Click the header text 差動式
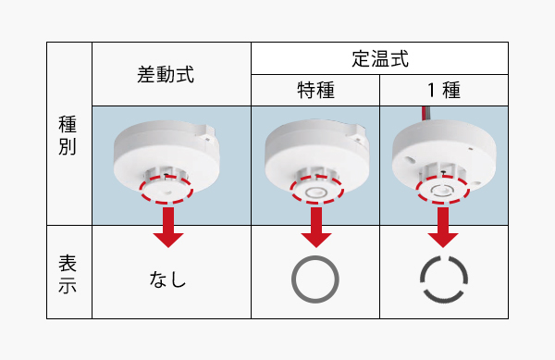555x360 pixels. [166, 75]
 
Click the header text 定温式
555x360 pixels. [380, 58]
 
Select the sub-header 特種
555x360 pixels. [315, 90]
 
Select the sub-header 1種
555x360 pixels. [443, 90]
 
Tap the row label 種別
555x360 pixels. [68, 135]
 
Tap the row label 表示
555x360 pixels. [68, 273]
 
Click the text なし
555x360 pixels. [167, 279]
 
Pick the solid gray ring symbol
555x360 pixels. [315, 256]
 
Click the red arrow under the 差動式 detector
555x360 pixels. [168, 228]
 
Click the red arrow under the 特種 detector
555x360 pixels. [316, 228]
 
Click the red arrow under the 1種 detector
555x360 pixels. [443, 228]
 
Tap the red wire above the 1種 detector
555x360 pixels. [424, 114]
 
